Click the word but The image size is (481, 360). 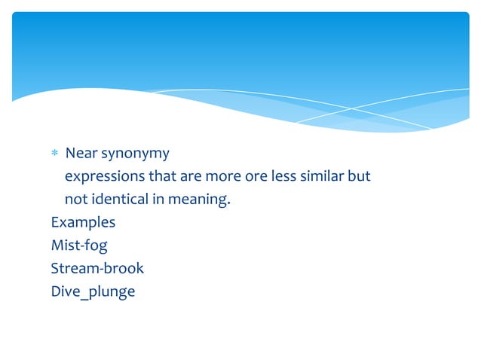click(x=359, y=177)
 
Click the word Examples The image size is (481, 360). click(x=83, y=223)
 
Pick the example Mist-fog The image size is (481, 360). click(x=79, y=246)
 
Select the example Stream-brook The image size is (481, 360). click(x=97, y=268)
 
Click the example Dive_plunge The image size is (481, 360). click(x=93, y=291)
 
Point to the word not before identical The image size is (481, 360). click(x=76, y=200)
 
